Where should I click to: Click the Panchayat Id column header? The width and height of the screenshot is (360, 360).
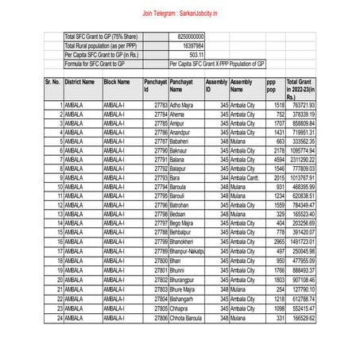click(x=155, y=86)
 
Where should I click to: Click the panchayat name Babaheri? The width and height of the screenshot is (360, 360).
click(x=180, y=140)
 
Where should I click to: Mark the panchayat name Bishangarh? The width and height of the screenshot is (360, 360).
click(x=184, y=298)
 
